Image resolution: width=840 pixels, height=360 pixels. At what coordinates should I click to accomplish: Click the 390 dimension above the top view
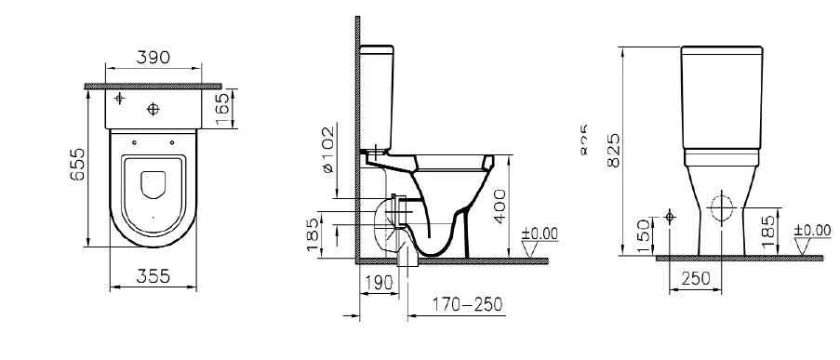click(x=153, y=58)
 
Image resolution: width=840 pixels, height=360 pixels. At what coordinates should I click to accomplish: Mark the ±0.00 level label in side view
click(x=539, y=232)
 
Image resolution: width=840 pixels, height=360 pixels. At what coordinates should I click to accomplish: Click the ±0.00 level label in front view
click(x=812, y=229)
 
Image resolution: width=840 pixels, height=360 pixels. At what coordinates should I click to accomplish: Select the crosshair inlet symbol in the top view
click(x=119, y=99)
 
